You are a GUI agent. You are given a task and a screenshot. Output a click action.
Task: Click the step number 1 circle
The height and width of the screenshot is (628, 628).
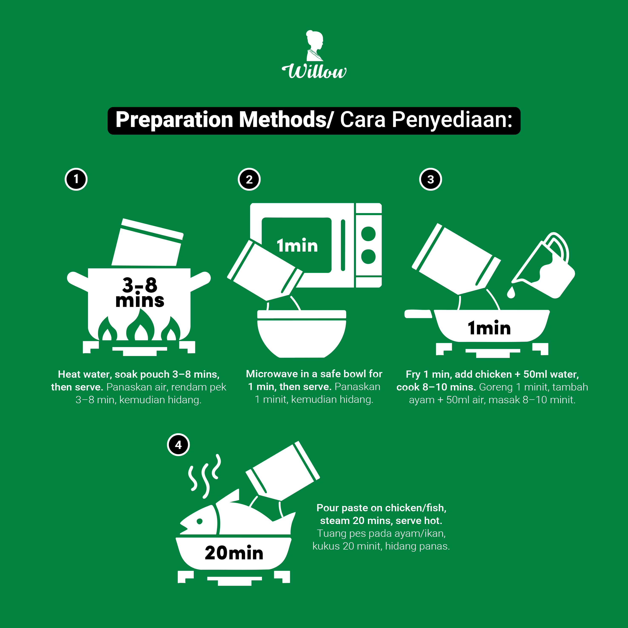(x=76, y=179)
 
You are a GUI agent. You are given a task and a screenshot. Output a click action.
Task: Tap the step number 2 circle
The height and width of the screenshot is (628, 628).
(x=249, y=179)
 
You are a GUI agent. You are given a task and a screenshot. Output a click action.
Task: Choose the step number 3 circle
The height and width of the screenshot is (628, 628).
(x=430, y=179)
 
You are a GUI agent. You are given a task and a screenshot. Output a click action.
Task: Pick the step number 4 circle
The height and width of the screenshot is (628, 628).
(x=178, y=445)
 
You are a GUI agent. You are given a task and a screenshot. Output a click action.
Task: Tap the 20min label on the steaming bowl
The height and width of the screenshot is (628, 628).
(x=234, y=553)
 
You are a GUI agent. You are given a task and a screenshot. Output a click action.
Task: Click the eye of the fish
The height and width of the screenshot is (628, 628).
(x=199, y=521)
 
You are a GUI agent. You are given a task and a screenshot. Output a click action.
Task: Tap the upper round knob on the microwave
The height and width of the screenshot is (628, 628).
(x=368, y=234)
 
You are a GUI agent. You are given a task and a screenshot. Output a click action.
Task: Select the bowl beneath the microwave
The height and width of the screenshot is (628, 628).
(x=302, y=334)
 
